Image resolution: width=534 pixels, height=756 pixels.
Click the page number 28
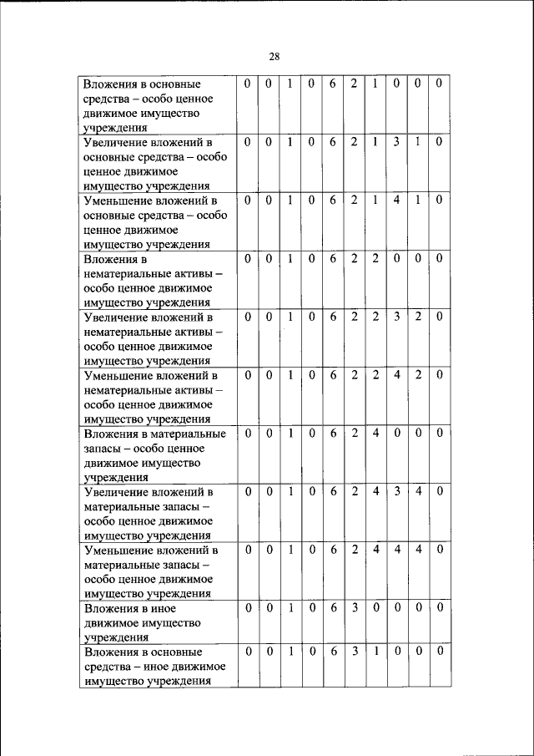(x=275, y=57)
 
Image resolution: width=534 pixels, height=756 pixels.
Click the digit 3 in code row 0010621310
(x=397, y=142)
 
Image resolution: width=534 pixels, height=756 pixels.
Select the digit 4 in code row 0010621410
(x=397, y=200)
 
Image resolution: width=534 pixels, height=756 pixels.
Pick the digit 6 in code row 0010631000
(x=333, y=650)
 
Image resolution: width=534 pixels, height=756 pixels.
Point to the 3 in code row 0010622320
(x=397, y=317)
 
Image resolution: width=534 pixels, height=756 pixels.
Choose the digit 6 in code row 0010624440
(x=333, y=550)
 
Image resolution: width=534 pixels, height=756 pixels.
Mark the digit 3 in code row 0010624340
(x=397, y=491)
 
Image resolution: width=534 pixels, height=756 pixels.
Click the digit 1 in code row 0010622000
(x=290, y=259)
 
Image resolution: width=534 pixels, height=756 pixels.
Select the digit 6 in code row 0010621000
(x=333, y=84)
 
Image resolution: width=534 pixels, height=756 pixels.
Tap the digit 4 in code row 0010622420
(x=397, y=375)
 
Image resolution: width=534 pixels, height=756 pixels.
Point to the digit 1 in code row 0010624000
(x=290, y=434)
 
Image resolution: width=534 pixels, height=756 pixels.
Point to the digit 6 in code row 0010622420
(x=333, y=375)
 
